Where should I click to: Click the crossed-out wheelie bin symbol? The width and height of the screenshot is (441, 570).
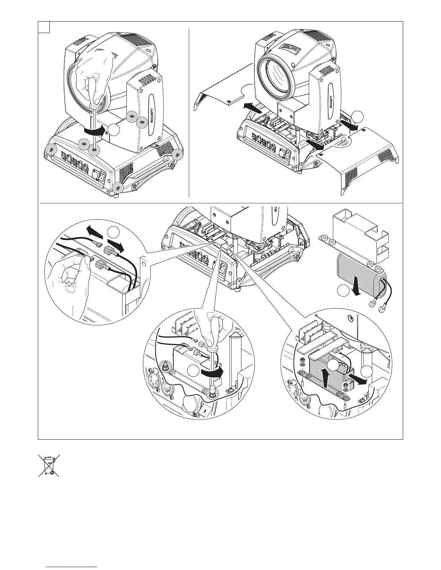click(49, 466)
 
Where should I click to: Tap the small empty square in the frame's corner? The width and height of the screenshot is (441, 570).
click(44, 27)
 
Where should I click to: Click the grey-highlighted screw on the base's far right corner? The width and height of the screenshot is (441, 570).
click(178, 155)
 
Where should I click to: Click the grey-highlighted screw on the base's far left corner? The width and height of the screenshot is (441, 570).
click(51, 149)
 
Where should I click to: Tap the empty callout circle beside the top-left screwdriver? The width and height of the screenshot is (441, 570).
click(114, 130)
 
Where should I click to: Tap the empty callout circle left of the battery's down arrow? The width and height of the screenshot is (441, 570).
click(344, 291)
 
